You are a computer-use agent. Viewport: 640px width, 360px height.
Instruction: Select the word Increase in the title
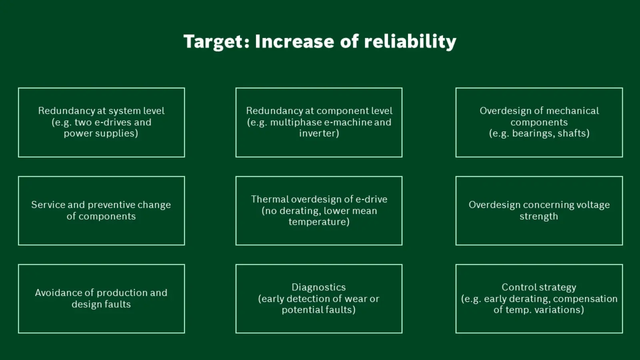294,41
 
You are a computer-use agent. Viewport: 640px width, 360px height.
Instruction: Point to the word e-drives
113,122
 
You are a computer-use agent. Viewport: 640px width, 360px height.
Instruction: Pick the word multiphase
296,122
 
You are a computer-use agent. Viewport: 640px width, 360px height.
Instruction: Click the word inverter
319,134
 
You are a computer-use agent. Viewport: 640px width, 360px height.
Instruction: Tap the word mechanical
571,110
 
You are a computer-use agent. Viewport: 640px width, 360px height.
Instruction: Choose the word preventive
111,205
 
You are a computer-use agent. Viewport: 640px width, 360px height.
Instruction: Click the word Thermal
270,199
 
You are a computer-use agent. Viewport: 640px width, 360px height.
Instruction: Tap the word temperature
319,222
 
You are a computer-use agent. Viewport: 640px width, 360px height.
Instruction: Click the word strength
538,216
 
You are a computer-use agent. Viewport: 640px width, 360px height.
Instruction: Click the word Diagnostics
318,288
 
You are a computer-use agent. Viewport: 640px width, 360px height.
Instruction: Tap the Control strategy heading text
539,288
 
